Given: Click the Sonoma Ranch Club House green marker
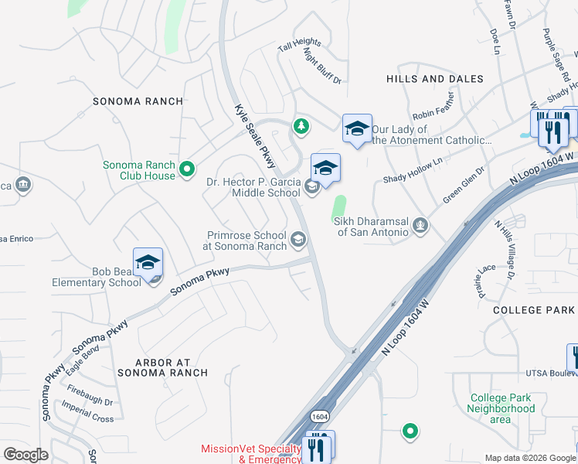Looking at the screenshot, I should coord(186,168).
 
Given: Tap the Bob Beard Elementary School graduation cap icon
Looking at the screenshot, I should coord(148,262).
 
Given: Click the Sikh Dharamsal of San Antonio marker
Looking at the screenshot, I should coord(420,226).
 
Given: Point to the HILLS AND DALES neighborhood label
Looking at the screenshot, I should coord(434,79).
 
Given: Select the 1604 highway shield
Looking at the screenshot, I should coord(320,416).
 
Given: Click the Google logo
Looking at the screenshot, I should coord(25,454).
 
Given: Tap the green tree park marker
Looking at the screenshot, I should coord(301,125).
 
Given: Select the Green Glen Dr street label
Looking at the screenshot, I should coord(464,185).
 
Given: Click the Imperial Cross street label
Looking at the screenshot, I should coord(88,413).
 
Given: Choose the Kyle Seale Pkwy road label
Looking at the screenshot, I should coord(255,136).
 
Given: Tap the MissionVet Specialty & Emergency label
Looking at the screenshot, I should coord(250,454).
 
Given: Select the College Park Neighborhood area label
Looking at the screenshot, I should coord(501,408).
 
